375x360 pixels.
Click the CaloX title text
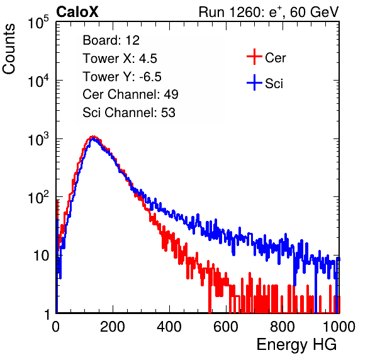coord(77,12)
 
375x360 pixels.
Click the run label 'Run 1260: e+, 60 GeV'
coord(269,12)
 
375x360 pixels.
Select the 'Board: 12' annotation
coord(111,40)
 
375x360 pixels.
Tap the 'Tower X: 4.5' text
coord(120,59)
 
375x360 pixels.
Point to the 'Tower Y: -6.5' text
coord(122,77)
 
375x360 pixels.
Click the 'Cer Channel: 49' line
coord(130,94)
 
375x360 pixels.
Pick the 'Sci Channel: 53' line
coord(129,113)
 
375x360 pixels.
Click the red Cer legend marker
coord(254,57)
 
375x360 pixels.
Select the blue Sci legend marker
coord(254,82)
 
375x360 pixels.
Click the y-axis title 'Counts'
coord(9,48)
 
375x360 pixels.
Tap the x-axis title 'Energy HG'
coord(296,344)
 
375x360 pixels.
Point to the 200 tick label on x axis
coord(113,326)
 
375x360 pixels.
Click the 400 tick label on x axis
coord(169,326)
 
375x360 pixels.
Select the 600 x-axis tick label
coord(226,326)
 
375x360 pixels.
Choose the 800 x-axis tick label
coord(283,326)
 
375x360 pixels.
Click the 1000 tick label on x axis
coord(339,326)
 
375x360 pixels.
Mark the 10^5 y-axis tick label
coord(38,23)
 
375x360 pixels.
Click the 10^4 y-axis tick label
coord(38,81)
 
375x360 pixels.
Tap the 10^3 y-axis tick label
coord(38,139)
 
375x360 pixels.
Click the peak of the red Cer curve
coord(93,137)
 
